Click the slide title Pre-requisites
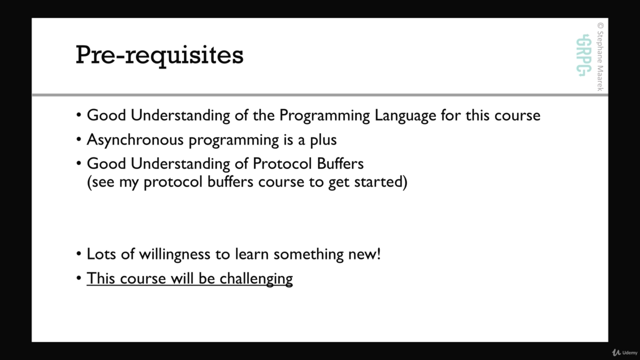coord(159,55)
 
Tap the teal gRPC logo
coord(583,55)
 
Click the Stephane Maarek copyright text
coord(600,56)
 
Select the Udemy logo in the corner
coord(624,352)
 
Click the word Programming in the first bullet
coord(324,116)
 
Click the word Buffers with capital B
coord(340,163)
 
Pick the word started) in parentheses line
coord(380,182)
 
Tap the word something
coord(308,254)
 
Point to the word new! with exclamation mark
coord(364,254)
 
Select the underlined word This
coord(101,278)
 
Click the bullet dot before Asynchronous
coord(79,139)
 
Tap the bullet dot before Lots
coord(79,254)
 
